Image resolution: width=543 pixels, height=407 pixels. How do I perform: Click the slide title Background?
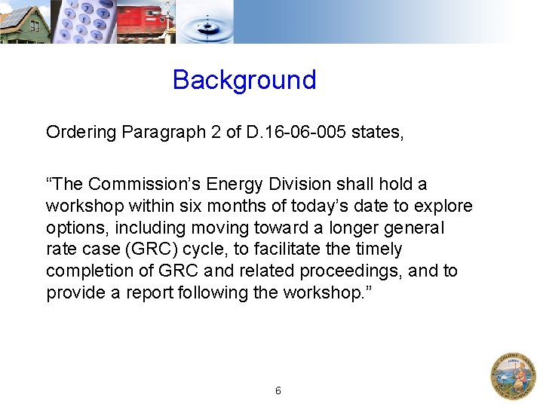[244, 80]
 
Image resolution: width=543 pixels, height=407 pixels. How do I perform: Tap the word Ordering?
[81, 133]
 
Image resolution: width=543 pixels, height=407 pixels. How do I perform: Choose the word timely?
[376, 249]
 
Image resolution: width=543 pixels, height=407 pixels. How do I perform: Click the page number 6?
[278, 390]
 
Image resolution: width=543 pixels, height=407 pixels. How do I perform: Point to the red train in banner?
[144, 21]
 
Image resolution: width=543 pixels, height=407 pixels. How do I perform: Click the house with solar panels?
[24, 23]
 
